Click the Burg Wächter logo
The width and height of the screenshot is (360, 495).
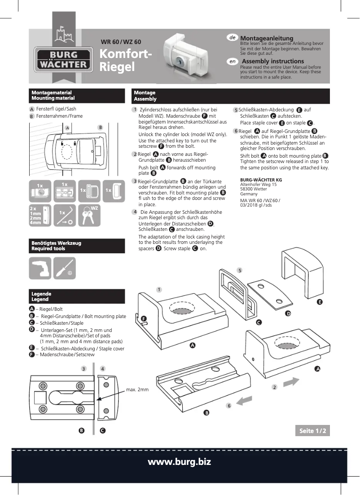click(x=63, y=60)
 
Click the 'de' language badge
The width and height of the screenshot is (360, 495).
click(x=233, y=38)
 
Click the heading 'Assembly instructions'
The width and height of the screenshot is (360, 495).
click(x=272, y=61)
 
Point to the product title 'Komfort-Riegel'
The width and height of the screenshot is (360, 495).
click(x=125, y=60)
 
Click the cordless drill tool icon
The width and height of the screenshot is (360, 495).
click(x=40, y=268)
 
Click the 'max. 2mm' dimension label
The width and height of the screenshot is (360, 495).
click(x=137, y=389)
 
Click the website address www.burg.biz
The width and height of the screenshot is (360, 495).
click(x=180, y=462)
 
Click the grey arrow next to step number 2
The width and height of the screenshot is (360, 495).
click(x=291, y=382)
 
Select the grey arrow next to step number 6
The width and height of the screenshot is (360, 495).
click(x=244, y=400)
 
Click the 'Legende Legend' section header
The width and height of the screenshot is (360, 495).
click(x=77, y=296)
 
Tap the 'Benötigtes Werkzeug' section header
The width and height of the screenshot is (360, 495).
click(x=77, y=246)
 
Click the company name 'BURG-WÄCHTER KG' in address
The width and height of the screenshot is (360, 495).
click(x=261, y=180)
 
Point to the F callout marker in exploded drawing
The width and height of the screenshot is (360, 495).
click(x=144, y=318)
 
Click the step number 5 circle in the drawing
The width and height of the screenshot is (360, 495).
click(x=240, y=270)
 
